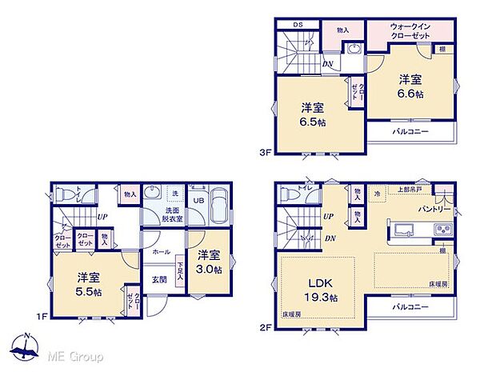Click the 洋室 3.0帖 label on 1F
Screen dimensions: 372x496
209,262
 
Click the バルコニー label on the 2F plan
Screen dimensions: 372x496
410,306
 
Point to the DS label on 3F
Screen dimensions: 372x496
297,25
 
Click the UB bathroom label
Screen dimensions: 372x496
198,200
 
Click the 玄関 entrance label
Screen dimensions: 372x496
160,279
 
